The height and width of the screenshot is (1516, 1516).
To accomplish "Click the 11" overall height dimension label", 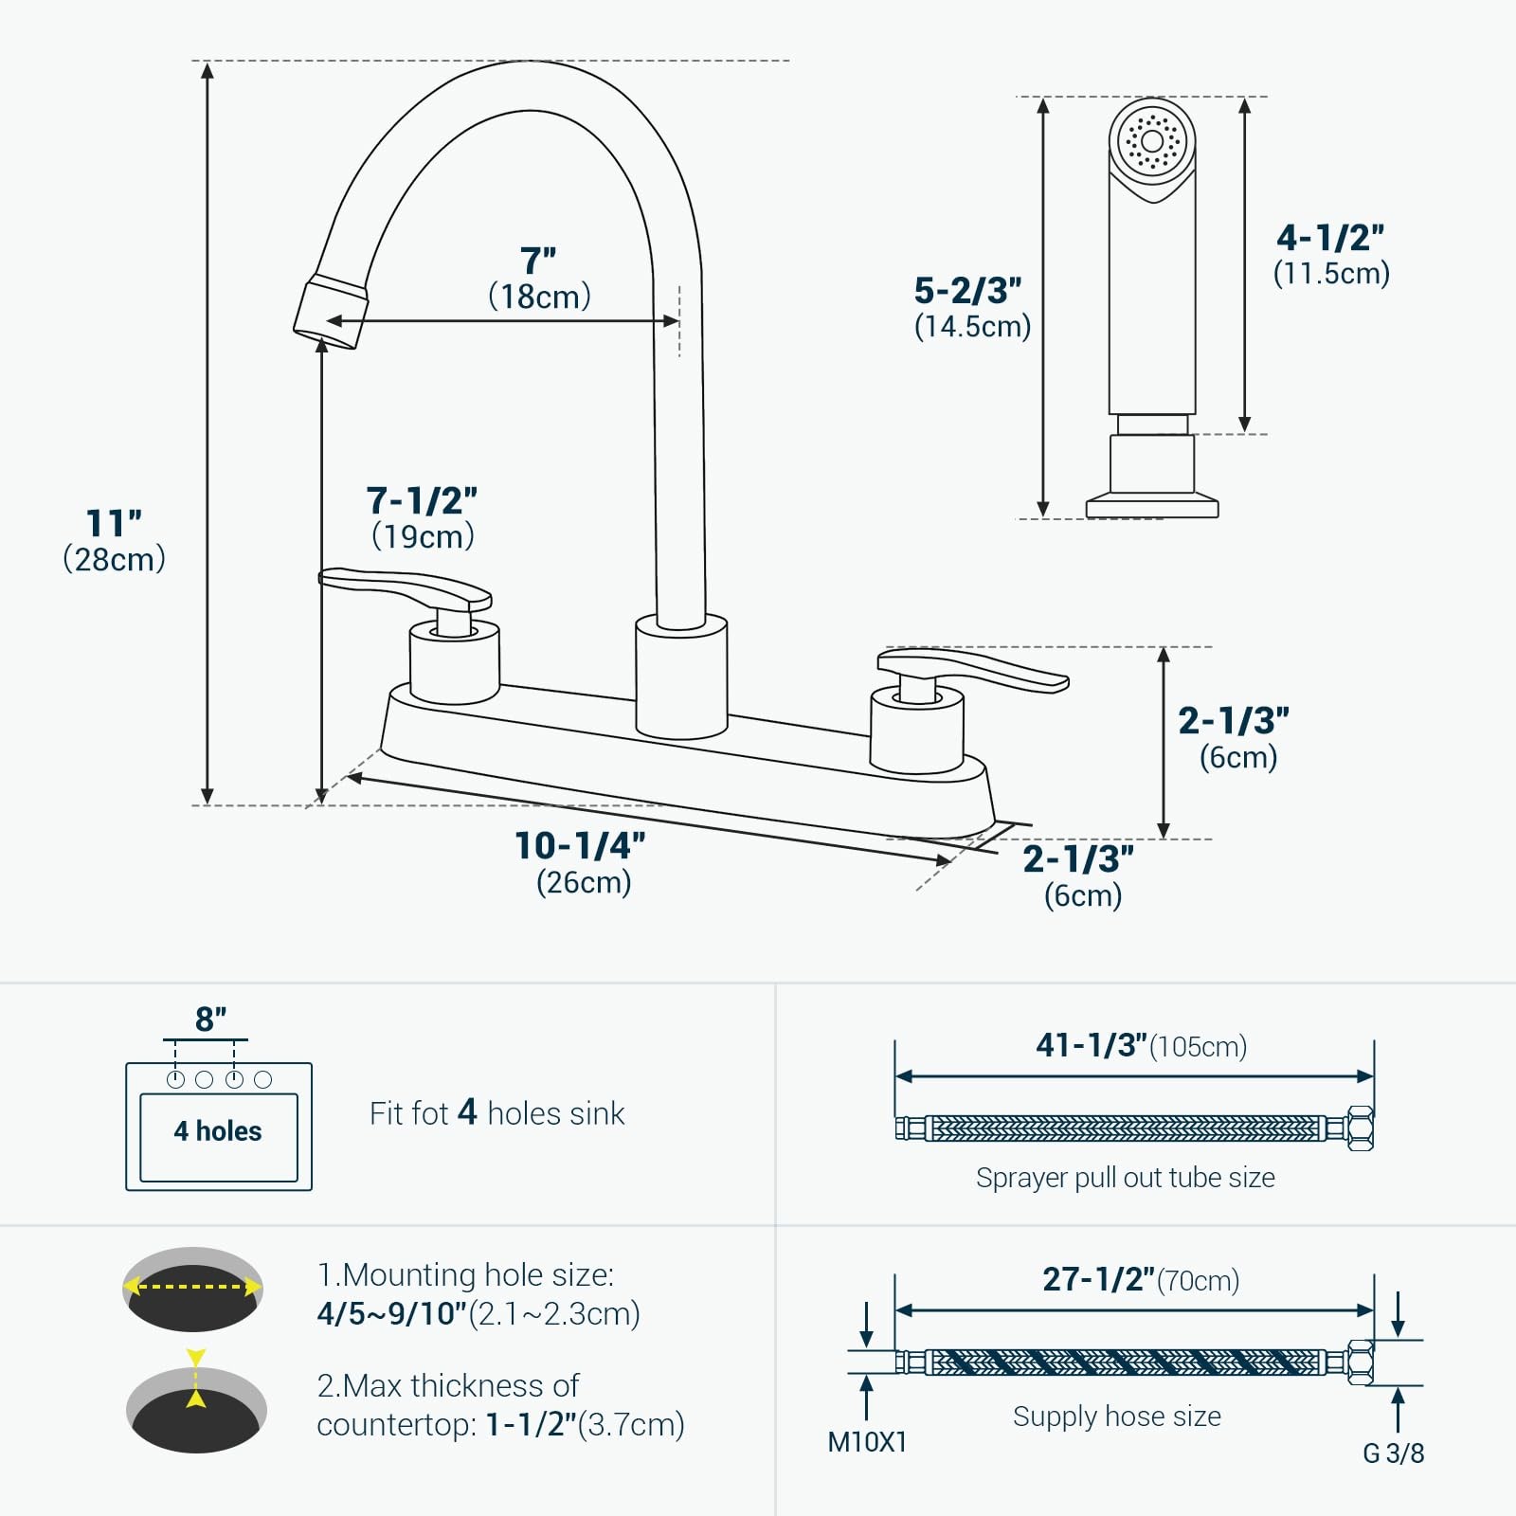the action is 114,523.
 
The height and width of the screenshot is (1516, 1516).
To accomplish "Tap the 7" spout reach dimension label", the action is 538,261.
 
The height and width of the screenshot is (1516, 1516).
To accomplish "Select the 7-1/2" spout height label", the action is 422,500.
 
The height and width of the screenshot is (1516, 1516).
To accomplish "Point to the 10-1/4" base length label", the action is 580,845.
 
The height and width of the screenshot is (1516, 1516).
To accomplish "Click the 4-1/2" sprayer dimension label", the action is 1330,238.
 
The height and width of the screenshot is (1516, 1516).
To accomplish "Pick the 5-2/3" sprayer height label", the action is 967,290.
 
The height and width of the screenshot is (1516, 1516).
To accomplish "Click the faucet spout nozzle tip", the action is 329,313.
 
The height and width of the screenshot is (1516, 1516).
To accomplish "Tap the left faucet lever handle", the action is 406,589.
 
